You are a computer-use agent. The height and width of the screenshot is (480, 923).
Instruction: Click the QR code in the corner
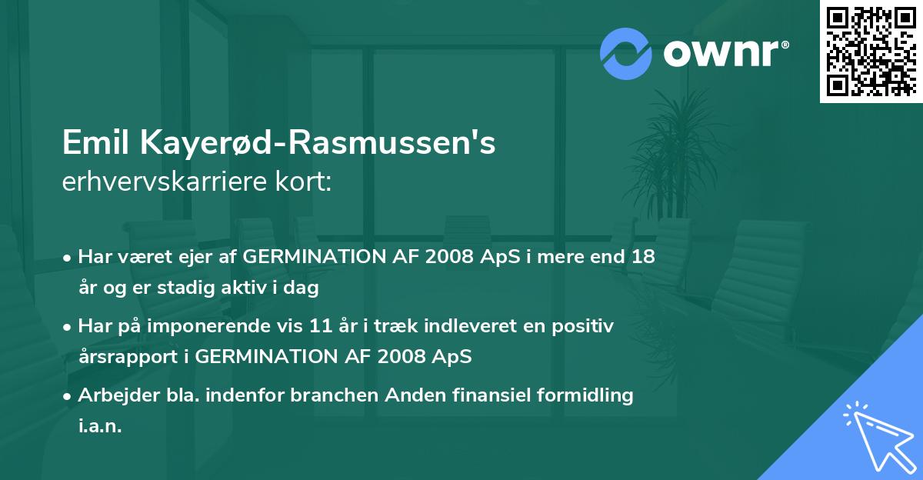(871, 52)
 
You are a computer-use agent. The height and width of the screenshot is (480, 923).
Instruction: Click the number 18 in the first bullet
(644, 256)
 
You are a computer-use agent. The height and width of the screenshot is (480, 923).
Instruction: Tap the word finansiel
(467, 395)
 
